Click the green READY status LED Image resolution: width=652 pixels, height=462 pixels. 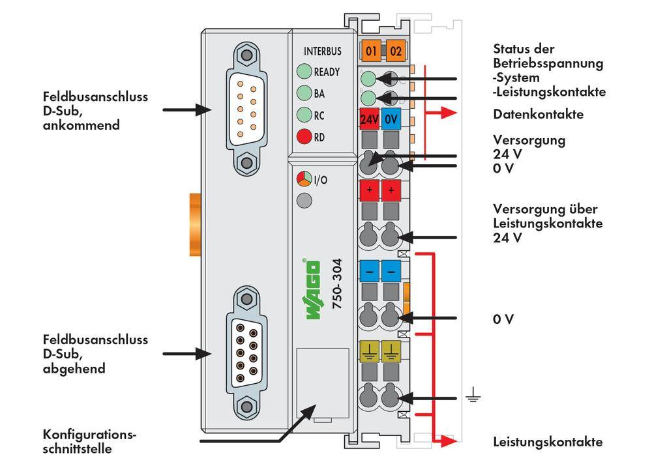304,71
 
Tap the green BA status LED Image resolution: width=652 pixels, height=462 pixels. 304,93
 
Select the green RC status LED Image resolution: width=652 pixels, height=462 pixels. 304,115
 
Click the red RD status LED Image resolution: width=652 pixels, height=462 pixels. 304,137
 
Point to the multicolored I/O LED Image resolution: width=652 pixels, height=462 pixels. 304,179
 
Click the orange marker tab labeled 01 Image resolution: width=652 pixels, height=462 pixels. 371,50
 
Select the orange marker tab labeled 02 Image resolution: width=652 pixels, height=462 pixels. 394,50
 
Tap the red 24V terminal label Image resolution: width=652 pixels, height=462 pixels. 370,120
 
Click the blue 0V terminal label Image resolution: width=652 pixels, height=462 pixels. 391,120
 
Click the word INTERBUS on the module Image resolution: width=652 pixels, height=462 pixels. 322,51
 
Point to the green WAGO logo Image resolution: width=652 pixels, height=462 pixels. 312,290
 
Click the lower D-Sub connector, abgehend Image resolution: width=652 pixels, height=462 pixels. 246,353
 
